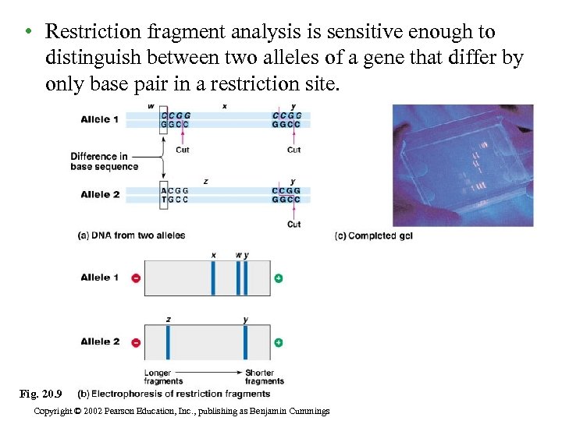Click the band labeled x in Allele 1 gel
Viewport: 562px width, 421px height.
click(213, 278)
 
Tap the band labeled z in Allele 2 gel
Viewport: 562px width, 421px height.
click(168, 341)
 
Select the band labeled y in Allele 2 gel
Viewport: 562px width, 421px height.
click(245, 341)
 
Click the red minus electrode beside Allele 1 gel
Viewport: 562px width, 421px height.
click(136, 278)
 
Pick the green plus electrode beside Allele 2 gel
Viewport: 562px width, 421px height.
click(278, 342)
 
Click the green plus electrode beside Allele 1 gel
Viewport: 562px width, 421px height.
click(278, 278)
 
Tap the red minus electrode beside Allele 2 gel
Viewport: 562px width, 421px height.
click(136, 342)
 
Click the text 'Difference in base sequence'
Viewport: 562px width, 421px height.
click(104, 161)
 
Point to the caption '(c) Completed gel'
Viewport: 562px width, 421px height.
click(373, 235)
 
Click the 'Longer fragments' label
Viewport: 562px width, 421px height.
click(163, 377)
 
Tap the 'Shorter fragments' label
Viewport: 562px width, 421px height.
click(264, 377)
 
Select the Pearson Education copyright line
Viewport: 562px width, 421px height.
click(183, 411)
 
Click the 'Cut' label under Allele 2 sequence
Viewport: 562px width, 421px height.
click(293, 224)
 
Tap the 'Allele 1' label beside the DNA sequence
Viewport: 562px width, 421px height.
click(100, 119)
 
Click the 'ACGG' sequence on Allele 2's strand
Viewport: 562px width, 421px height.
click(175, 190)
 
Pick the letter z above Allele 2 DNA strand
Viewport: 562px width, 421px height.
click(205, 181)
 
